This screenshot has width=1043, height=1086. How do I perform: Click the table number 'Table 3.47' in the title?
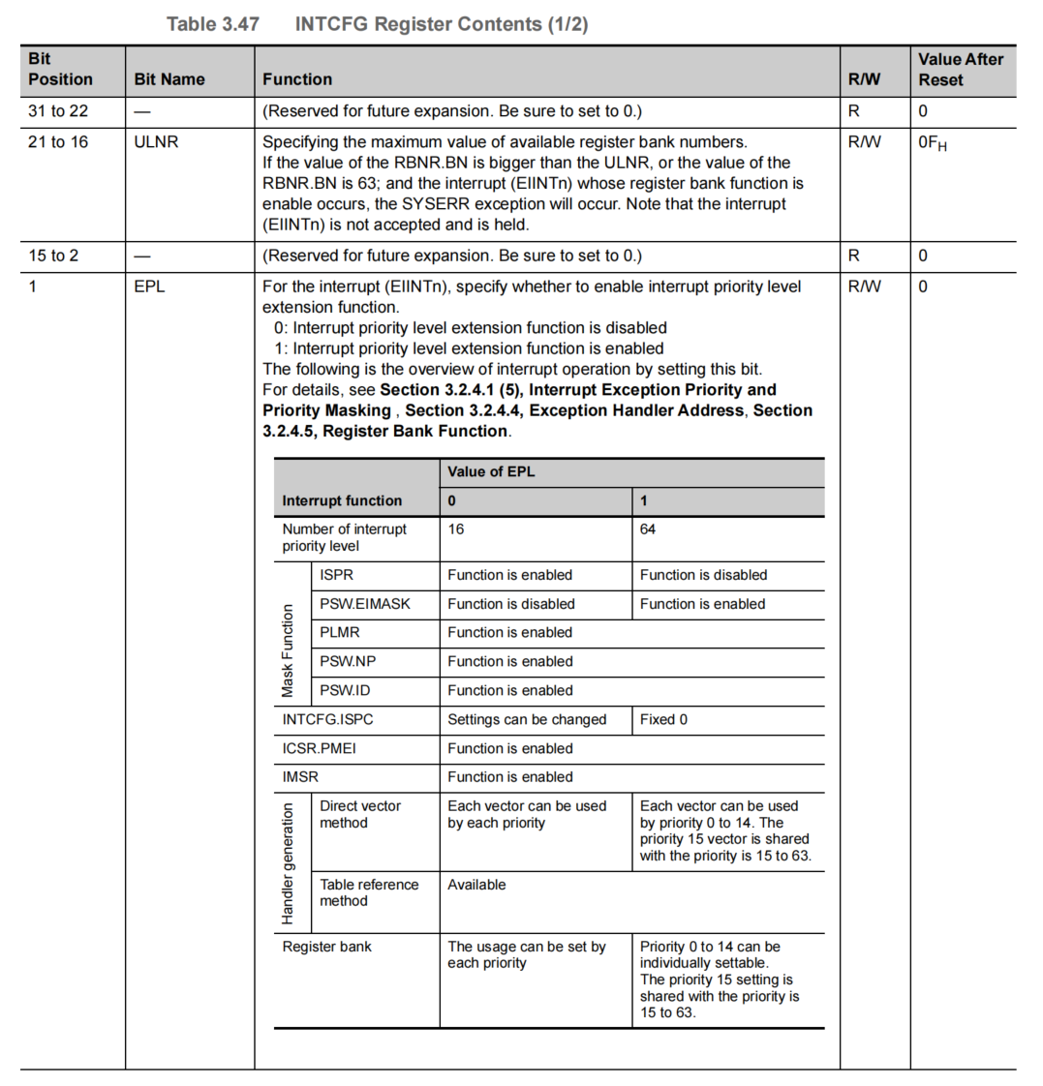click(x=212, y=24)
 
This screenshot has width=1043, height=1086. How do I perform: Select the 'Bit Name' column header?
click(x=169, y=79)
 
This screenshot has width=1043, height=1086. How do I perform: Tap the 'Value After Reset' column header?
click(x=960, y=70)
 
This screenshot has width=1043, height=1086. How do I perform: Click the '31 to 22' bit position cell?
click(x=58, y=111)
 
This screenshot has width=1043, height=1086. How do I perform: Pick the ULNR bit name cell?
click(x=157, y=142)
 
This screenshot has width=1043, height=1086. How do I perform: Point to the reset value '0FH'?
click(x=933, y=143)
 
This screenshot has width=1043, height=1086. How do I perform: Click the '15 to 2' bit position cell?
click(x=53, y=256)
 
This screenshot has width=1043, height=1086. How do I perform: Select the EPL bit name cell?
click(x=149, y=287)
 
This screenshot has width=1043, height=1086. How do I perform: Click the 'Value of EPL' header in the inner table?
click(x=491, y=472)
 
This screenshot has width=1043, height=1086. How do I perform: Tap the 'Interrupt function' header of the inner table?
click(x=342, y=500)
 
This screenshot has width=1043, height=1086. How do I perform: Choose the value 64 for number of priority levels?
click(x=648, y=529)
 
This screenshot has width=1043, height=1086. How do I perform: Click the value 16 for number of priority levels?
click(x=456, y=529)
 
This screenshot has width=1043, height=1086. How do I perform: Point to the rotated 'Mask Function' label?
click(x=288, y=650)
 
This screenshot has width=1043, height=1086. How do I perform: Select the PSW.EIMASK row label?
click(x=365, y=604)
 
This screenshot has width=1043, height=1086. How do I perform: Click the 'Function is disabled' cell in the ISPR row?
click(x=703, y=575)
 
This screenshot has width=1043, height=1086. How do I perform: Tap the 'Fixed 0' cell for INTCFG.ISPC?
click(x=663, y=719)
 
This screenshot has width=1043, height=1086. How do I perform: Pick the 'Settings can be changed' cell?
click(x=527, y=719)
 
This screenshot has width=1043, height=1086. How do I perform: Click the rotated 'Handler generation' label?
click(x=288, y=862)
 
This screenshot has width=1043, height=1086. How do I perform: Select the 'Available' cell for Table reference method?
click(x=476, y=885)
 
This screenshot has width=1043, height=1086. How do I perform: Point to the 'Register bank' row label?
click(x=326, y=947)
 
